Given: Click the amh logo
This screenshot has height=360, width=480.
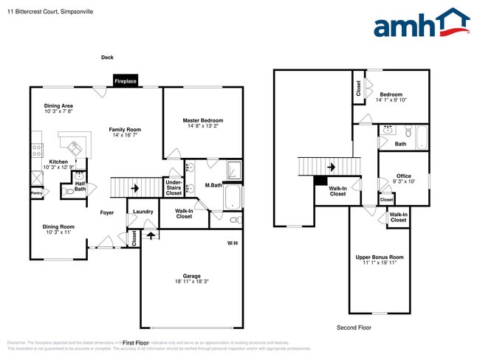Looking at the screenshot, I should tap(421, 24).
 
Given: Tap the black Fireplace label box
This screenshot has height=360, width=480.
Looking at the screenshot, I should tap(125, 81).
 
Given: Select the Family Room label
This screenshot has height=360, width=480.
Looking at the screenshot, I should tap(125, 129).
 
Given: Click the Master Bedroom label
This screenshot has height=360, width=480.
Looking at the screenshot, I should tap(202, 120).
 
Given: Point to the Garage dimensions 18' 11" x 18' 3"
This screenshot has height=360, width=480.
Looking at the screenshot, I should tap(191, 282).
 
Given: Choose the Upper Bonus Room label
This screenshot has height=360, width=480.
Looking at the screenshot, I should tap(380, 257).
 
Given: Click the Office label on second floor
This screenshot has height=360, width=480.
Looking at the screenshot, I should tap(404, 176).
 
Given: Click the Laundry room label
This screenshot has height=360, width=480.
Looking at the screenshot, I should tap(143, 212).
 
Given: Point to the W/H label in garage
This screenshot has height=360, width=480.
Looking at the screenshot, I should tap(232, 243).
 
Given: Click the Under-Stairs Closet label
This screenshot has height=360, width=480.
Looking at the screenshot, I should tap(174, 187).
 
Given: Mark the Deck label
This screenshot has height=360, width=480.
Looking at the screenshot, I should tap(107, 58).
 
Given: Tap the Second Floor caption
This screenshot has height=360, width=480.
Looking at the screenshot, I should tap(354, 328).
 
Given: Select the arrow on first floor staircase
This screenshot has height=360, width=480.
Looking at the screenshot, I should tap(135, 188).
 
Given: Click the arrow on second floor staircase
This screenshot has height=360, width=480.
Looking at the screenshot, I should tap(332, 167).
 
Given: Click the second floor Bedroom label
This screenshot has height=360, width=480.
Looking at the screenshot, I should tap(391, 94).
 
